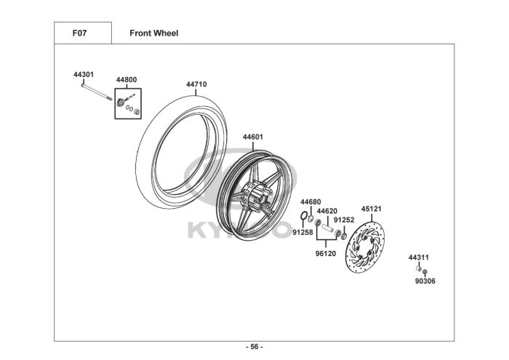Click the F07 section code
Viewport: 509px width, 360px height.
[79, 33]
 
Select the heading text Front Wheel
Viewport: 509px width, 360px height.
[154, 33]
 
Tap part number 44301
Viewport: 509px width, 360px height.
[84, 75]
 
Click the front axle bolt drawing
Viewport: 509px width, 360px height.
[97, 92]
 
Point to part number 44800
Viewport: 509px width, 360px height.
[127, 80]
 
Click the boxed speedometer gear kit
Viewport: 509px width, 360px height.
[128, 103]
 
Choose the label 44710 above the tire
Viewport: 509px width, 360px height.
[196, 84]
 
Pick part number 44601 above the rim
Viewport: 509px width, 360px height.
[253, 137]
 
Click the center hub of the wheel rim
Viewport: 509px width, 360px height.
[257, 196]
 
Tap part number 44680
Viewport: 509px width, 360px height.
[310, 202]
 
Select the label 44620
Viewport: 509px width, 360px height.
[327, 212]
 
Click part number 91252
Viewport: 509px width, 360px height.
[344, 220]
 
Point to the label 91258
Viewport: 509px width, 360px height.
[303, 233]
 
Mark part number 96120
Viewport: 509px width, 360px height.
[326, 254]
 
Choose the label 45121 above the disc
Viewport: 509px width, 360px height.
[372, 209]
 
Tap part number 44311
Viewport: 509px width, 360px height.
[418, 257]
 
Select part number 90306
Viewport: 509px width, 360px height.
[425, 281]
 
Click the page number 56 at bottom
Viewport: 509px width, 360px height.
[254, 347]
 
